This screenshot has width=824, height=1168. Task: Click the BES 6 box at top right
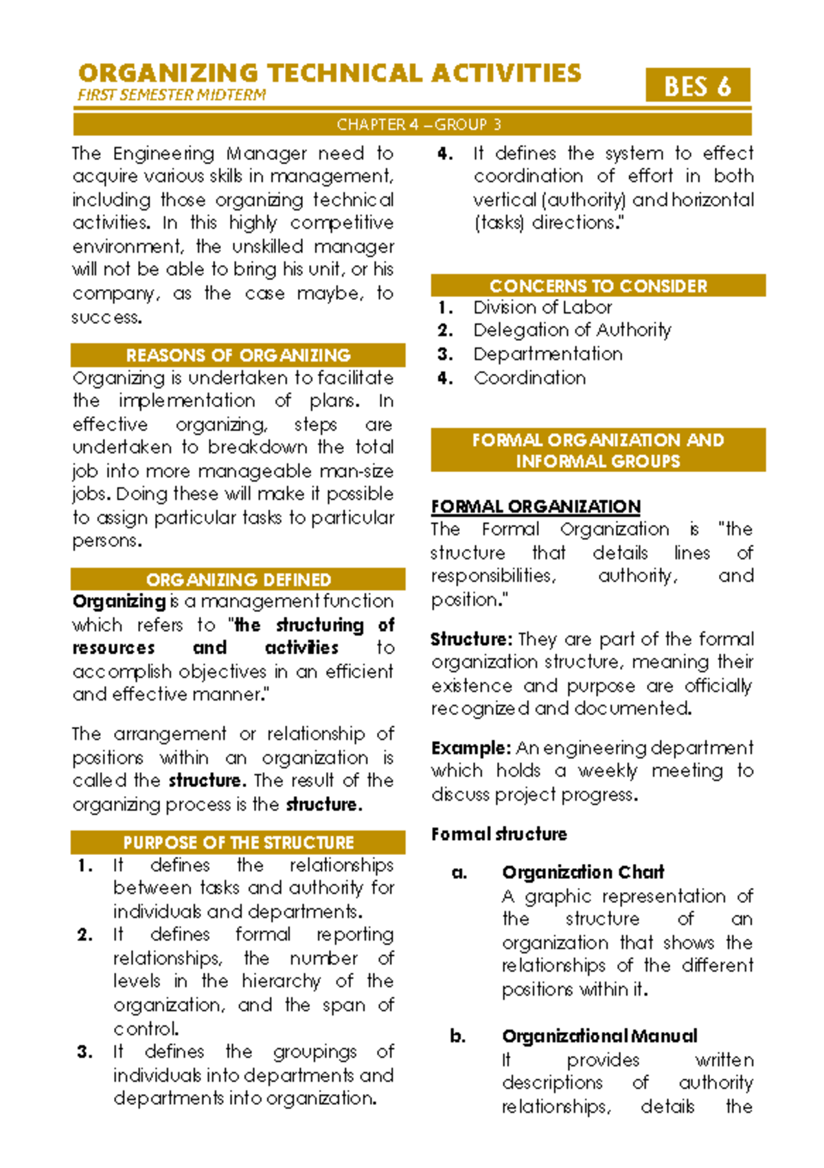click(x=697, y=86)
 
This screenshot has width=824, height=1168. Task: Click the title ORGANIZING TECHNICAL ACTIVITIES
click(x=330, y=73)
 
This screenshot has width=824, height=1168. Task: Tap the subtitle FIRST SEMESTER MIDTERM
click(x=172, y=95)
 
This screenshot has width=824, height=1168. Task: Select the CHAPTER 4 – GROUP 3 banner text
click(x=418, y=124)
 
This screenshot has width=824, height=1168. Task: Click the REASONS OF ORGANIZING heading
click(x=238, y=355)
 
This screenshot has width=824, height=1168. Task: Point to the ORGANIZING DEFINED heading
click(x=238, y=580)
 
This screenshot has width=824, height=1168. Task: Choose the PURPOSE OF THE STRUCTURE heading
click(x=238, y=842)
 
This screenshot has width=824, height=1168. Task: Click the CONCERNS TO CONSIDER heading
click(x=597, y=285)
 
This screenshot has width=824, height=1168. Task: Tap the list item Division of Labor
click(x=542, y=307)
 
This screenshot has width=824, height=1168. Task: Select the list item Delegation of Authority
click(x=571, y=330)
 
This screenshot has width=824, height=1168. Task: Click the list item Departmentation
click(x=547, y=354)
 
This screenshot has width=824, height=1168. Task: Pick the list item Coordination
click(x=529, y=378)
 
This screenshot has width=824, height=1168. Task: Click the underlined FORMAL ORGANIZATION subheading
click(x=536, y=506)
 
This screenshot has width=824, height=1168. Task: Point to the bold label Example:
click(x=470, y=748)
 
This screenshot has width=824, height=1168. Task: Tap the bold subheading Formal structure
click(x=499, y=834)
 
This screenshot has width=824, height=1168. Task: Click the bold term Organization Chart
click(x=582, y=872)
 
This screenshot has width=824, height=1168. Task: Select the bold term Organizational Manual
click(x=599, y=1036)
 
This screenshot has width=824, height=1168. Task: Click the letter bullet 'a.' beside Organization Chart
click(x=459, y=873)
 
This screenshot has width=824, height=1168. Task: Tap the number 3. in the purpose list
click(x=85, y=1052)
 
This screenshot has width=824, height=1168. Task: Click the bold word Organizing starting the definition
click(x=119, y=602)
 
